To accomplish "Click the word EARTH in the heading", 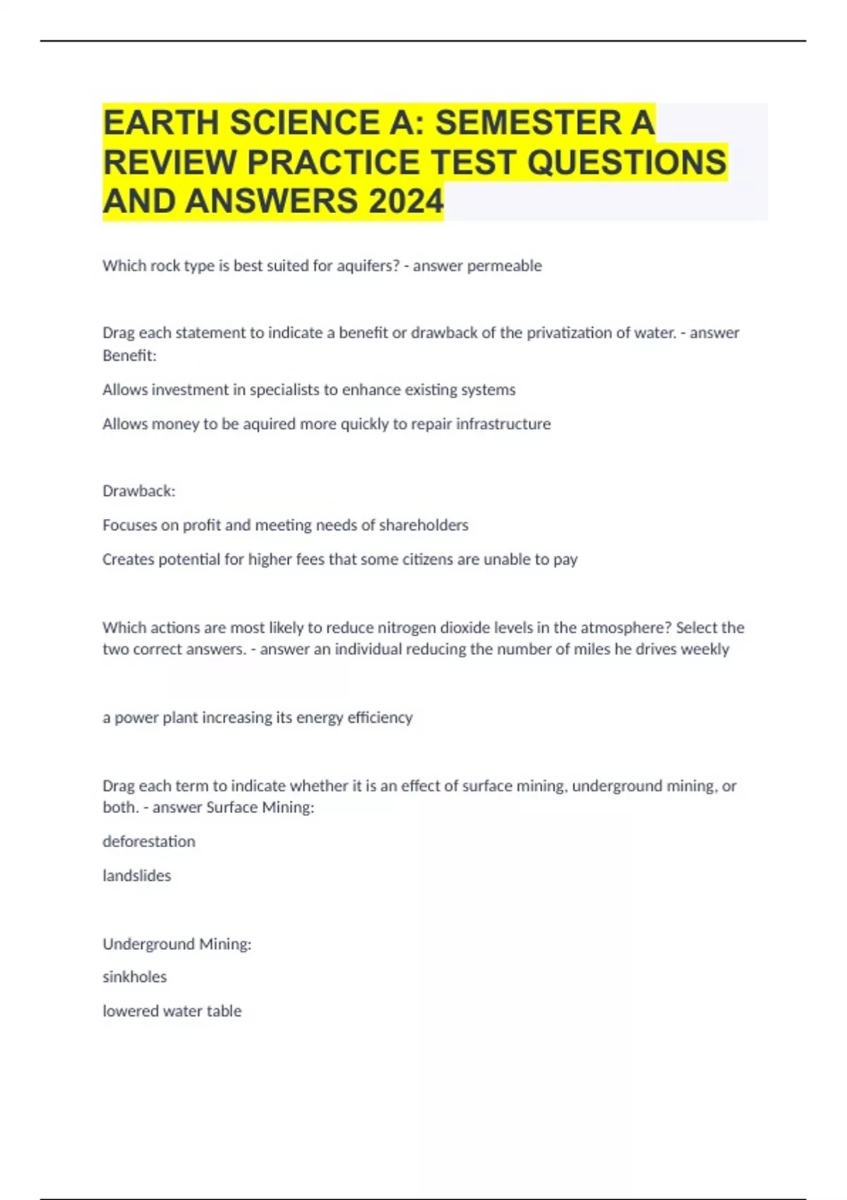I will click(x=161, y=123).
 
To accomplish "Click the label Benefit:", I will click(x=129, y=356).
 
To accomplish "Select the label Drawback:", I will click(x=138, y=491).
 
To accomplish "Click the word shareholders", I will click(x=423, y=525).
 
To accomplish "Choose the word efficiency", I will click(x=380, y=718).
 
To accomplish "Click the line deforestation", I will click(x=149, y=841).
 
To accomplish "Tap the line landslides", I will click(x=137, y=876).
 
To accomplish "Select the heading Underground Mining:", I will click(x=177, y=944).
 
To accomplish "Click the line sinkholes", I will click(x=134, y=977).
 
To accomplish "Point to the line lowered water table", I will click(x=172, y=1012).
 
